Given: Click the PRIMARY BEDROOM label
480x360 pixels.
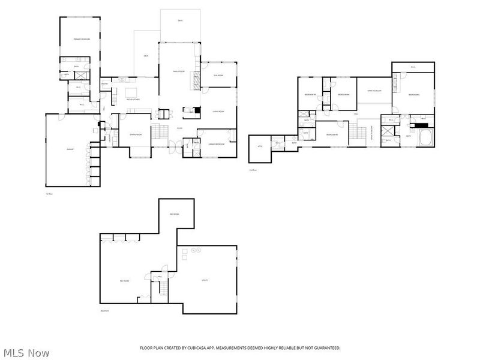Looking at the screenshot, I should pyautogui.click(x=81, y=39).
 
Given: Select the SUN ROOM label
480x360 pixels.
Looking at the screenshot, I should pyautogui.click(x=218, y=75).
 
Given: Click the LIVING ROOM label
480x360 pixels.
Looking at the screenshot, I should pyautogui.click(x=218, y=112).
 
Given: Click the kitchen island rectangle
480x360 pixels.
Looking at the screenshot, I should pyautogui.click(x=133, y=92).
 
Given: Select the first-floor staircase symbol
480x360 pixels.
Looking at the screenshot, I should pyautogui.click(x=159, y=132).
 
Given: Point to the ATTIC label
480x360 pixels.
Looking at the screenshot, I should pyautogui.click(x=260, y=146).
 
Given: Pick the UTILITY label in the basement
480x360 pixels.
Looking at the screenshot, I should pyautogui.click(x=203, y=280).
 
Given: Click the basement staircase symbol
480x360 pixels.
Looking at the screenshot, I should pyautogui.click(x=161, y=288).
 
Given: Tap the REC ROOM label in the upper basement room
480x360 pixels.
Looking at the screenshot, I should pyautogui.click(x=175, y=214).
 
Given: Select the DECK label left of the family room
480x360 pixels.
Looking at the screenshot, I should pyautogui.click(x=146, y=56).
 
